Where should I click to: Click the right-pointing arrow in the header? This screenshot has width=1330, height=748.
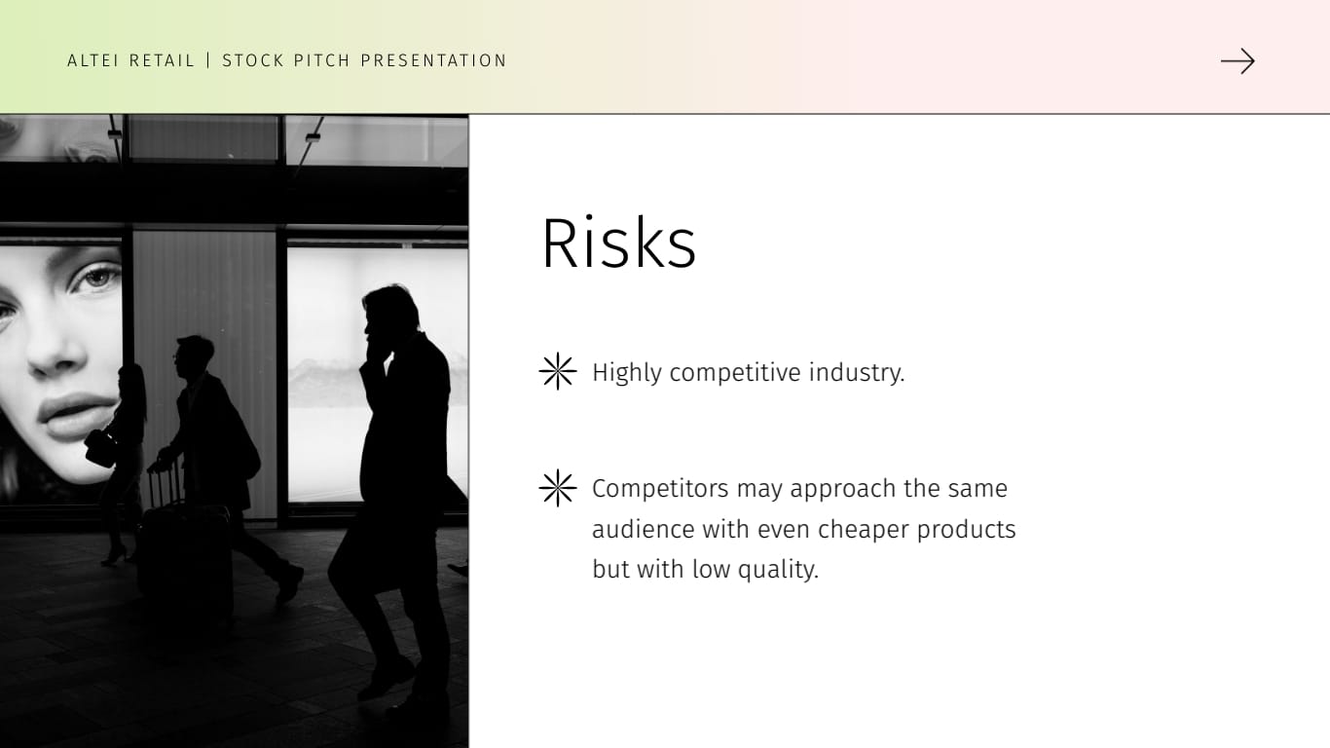pyautogui.click(x=1238, y=61)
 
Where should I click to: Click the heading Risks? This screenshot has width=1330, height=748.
pyautogui.click(x=618, y=243)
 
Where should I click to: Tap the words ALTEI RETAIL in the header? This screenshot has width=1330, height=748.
pyautogui.click(x=131, y=60)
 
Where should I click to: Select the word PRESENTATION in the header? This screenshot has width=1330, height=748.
pyautogui.click(x=434, y=60)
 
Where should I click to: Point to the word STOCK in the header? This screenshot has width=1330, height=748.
pyautogui.click(x=255, y=60)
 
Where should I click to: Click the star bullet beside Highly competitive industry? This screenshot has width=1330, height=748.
pyautogui.click(x=558, y=372)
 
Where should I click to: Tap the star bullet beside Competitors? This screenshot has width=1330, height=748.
pyautogui.click(x=558, y=488)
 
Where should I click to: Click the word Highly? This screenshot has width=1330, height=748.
pyautogui.click(x=627, y=373)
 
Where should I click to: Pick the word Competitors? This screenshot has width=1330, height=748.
pyautogui.click(x=660, y=489)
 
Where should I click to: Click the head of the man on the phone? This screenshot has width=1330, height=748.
pyautogui.click(x=391, y=310)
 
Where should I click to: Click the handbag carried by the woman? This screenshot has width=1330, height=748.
pyautogui.click(x=101, y=447)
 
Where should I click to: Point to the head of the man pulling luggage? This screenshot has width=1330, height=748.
pyautogui.click(x=194, y=353)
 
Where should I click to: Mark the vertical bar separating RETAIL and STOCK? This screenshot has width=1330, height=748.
pyautogui.click(x=208, y=60)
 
